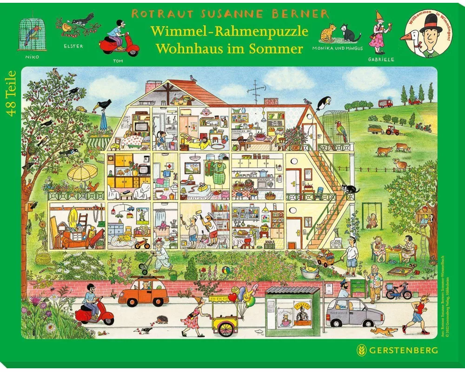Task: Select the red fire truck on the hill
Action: click(385, 103)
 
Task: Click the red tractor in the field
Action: click(392, 131)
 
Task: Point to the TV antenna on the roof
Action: click(255, 91)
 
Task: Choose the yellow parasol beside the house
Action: click(82, 173)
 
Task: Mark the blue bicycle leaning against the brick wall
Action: click(399, 292)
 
